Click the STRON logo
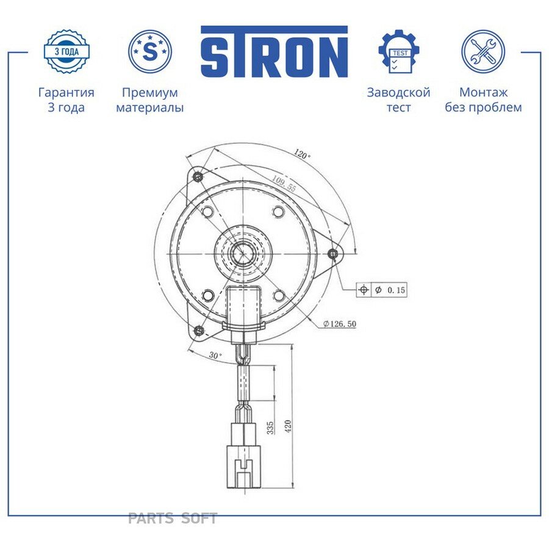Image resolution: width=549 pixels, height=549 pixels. point(274,51)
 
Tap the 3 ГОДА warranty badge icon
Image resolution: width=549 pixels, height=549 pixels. point(66,52)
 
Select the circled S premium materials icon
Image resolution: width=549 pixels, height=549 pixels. point(150,51)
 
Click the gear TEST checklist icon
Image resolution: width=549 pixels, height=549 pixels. point(399,51)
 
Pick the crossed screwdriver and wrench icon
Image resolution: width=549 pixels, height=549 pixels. point(483,51)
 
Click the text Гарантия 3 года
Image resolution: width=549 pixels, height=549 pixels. point(66,100)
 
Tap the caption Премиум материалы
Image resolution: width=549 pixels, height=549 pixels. point(150,100)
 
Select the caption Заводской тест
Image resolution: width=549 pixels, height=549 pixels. point(398,100)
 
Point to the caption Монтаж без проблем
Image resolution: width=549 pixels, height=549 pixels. point(483,100)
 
